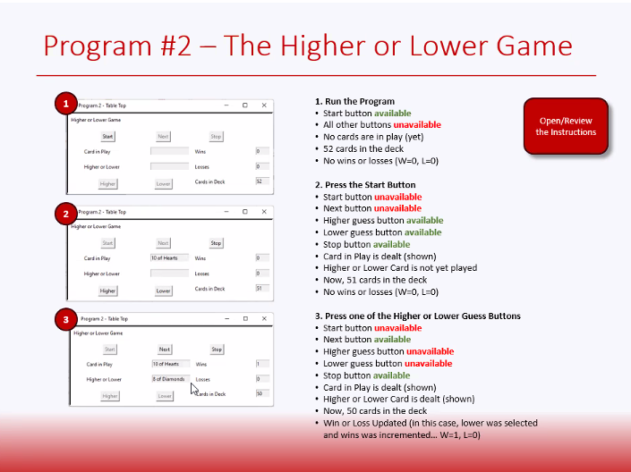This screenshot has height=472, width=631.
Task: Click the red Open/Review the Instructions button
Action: (x=566, y=126)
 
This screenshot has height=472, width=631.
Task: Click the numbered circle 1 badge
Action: (x=64, y=105)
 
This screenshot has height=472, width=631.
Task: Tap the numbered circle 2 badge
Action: (x=64, y=214)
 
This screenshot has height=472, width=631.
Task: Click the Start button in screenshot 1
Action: (x=107, y=137)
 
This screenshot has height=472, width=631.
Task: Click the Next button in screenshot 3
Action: (x=165, y=350)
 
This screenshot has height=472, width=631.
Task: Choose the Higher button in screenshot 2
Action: (x=107, y=291)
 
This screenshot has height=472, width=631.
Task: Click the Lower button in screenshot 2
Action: (x=163, y=291)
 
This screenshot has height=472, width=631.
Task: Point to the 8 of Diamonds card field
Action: (x=169, y=379)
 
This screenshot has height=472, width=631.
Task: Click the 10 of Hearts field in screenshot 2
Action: (x=169, y=258)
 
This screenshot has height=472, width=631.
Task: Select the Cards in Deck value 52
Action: (x=261, y=181)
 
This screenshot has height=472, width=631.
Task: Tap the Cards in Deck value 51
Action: (x=261, y=288)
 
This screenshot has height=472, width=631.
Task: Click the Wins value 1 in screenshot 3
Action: (x=262, y=364)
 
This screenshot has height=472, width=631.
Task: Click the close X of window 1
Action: (x=264, y=105)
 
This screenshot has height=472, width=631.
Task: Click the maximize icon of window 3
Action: (x=247, y=318)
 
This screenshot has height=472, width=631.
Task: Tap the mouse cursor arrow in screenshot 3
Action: (x=194, y=389)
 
